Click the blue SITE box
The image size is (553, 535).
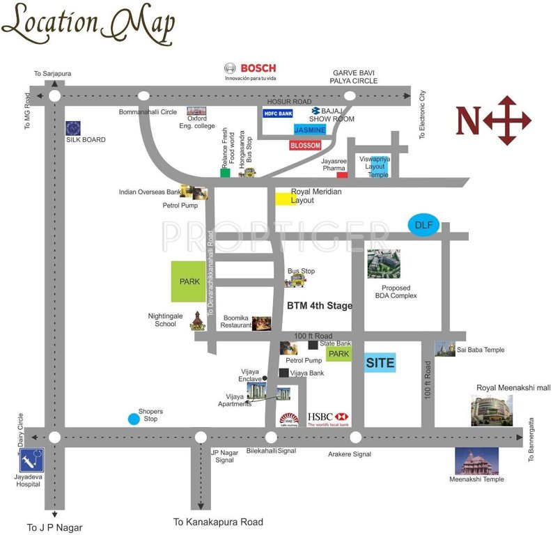(380, 362)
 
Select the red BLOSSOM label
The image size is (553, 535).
(306, 145)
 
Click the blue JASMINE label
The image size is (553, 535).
(309, 130)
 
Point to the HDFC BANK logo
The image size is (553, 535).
(277, 113)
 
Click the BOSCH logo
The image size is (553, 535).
(250, 68)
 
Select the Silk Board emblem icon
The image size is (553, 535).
(73, 128)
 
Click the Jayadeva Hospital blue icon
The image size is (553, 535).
(32, 460)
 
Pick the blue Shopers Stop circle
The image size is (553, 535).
(133, 419)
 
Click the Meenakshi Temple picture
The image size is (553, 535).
(476, 460)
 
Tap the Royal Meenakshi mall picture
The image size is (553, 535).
(492, 410)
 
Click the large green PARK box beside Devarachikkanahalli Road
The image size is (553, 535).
(189, 281)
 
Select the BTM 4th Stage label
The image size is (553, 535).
(320, 306)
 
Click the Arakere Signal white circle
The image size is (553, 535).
(355, 437)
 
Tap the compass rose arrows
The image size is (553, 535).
(506, 121)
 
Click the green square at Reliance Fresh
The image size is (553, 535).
(225, 172)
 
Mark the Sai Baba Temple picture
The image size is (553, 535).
(445, 349)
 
